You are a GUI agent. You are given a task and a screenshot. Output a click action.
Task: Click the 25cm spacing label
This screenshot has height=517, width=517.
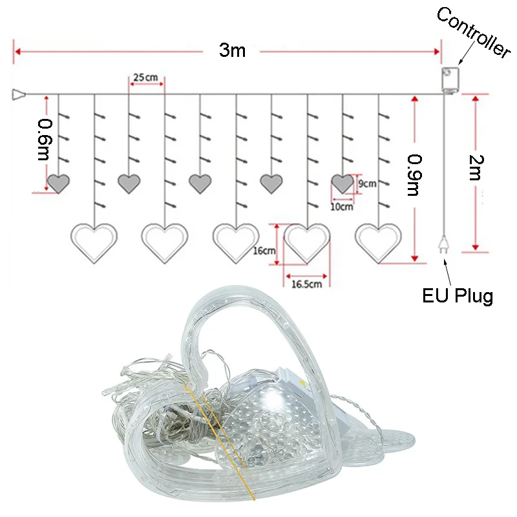pyautogui.click(x=145, y=78)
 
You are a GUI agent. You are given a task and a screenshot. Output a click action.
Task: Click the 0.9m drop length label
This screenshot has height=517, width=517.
pyautogui.click(x=414, y=174)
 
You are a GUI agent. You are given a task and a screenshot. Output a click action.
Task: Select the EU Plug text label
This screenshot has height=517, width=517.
pyautogui.click(x=458, y=297)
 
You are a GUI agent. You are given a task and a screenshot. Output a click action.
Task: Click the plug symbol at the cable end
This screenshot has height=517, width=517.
pyautogui.click(x=445, y=244)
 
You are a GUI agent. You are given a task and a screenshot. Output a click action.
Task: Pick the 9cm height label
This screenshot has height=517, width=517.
pyautogui.click(x=367, y=184)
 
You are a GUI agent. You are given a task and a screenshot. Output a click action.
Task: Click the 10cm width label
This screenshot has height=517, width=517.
pyautogui.click(x=342, y=207)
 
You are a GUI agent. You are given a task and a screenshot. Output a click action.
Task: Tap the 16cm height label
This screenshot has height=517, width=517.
pyautogui.click(x=265, y=251)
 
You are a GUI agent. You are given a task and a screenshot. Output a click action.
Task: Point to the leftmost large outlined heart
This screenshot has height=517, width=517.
pyautogui.click(x=94, y=242)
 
